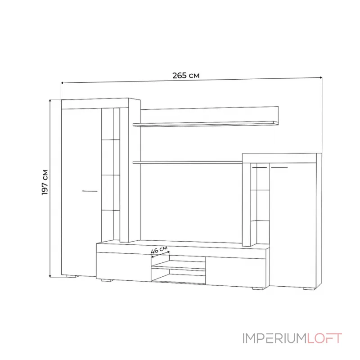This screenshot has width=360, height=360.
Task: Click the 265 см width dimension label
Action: coord(186,75)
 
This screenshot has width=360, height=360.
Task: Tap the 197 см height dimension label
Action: coord(45,182)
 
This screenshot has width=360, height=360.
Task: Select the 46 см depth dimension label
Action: coord(159,250)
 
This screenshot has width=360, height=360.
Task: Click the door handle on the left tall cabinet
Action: coord(90,191)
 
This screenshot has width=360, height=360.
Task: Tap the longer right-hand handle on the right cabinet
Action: coord(279,167)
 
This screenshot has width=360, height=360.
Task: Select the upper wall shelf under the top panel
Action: coord(206,124)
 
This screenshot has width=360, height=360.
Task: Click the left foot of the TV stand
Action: coord(107,282)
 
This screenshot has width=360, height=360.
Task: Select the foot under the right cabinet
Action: coord(309,289)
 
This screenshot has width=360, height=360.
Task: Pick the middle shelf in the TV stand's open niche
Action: coord(179,269)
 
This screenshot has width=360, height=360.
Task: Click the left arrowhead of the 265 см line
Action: coord(63,82)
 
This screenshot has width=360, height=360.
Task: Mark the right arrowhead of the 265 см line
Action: coord(321,78)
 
